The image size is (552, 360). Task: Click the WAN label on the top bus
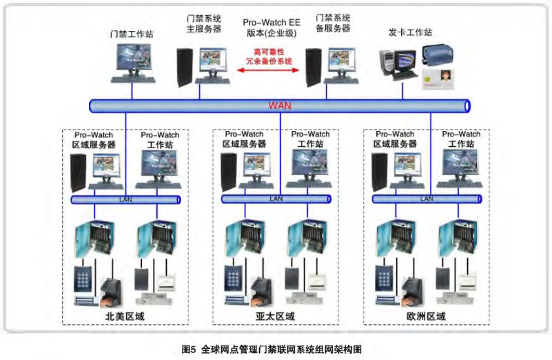279,106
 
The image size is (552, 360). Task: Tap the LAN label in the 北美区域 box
125,199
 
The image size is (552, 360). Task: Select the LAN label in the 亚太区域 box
276,199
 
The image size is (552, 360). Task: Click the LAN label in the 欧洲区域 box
427,199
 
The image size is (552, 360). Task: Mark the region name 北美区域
125,317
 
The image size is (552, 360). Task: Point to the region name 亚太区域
276,317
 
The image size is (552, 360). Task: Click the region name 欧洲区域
427,317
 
